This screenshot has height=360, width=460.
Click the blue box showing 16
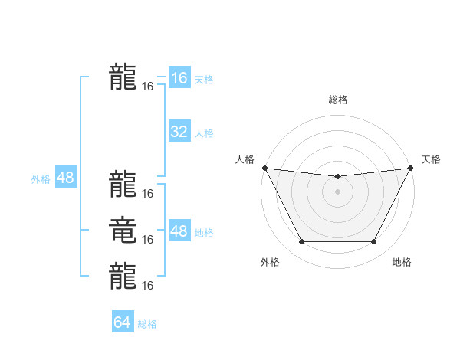tap(179, 78)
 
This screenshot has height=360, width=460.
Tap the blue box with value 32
tap(179, 132)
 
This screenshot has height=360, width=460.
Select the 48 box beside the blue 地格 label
tap(179, 231)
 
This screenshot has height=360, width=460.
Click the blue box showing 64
tap(123, 322)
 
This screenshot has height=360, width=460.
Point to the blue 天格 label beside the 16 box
tap(204, 80)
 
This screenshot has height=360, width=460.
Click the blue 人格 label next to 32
tap(204, 133)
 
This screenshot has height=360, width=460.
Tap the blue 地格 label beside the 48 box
tap(204, 233)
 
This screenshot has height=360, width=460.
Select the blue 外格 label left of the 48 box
tap(41, 179)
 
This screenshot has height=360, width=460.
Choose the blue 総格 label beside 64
tap(147, 324)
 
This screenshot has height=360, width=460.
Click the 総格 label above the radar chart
tap(337, 100)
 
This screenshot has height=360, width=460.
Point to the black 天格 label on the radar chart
tap(431, 159)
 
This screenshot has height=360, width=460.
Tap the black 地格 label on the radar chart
tap(402, 263)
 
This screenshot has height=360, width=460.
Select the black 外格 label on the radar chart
tap(270, 263)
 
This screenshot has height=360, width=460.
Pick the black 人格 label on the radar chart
tap(244, 159)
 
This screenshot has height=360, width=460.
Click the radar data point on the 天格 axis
tap(410, 169)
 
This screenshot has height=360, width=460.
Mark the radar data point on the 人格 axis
tap(264, 169)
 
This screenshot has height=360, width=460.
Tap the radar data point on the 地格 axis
tap(373, 242)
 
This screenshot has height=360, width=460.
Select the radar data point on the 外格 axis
tap(301, 242)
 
